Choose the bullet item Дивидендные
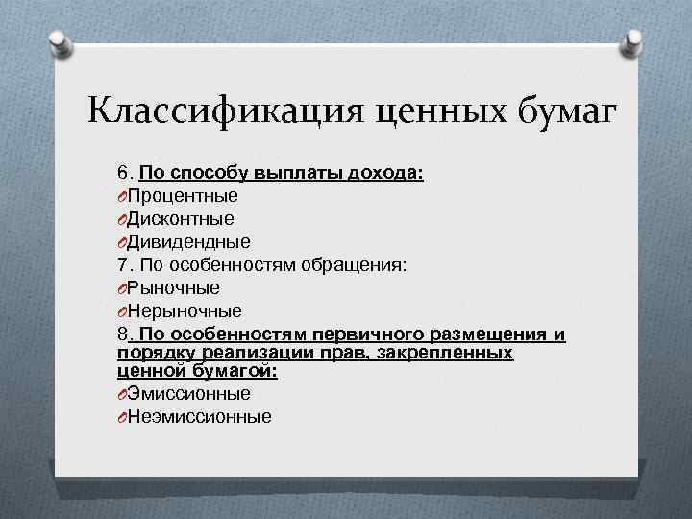point(189,242)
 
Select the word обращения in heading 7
point(358,265)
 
